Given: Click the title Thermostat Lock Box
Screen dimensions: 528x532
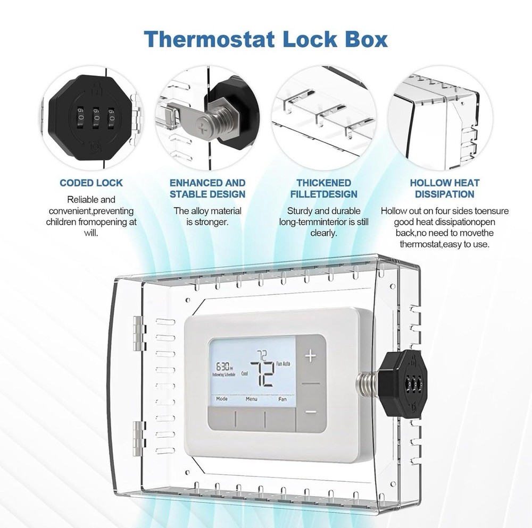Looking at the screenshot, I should tap(266, 39).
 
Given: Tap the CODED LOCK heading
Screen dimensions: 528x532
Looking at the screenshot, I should tap(91, 183).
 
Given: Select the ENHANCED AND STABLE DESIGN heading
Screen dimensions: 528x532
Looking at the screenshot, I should tap(207, 188).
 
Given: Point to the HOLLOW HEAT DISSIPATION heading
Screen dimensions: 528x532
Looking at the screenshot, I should tap(445, 188).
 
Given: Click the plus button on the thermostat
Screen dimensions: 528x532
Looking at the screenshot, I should tap(310, 356).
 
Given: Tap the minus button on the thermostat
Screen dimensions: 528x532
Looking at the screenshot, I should tap(310, 412).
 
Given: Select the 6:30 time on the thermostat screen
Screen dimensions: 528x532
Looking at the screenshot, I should tap(224, 367).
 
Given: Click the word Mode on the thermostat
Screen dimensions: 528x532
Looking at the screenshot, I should tap(222, 398).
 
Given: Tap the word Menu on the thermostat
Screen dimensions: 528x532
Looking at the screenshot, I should tap(251, 398).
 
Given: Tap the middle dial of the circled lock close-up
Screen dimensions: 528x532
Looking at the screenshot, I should tap(97, 113).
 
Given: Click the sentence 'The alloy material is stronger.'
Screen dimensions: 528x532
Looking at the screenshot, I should tap(207, 216).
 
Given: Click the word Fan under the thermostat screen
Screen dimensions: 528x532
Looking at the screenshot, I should tap(282, 398).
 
